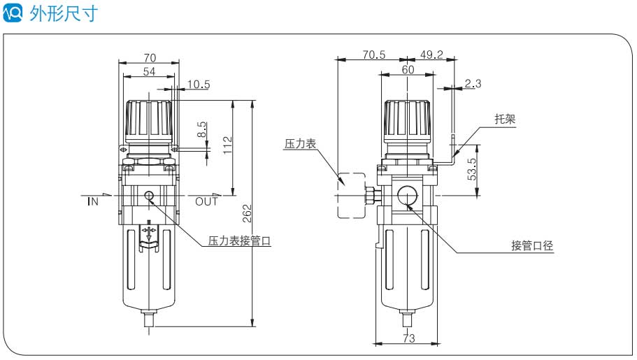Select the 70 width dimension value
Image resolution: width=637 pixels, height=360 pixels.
[149, 58]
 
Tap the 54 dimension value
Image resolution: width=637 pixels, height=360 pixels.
[149, 71]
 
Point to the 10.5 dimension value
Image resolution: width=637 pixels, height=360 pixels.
[199, 85]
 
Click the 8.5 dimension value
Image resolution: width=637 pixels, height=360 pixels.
[201, 129]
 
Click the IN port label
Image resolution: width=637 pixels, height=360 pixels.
[93, 202]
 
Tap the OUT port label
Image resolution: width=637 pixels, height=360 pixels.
[206, 202]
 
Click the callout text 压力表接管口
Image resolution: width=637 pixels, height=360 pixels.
[239, 242]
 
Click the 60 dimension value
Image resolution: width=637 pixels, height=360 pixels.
[408, 70]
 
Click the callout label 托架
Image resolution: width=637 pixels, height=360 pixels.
[505, 119]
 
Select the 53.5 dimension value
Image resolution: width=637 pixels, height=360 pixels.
[473, 170]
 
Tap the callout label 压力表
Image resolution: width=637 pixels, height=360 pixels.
[300, 143]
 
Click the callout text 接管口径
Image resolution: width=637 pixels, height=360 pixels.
[532, 245]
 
